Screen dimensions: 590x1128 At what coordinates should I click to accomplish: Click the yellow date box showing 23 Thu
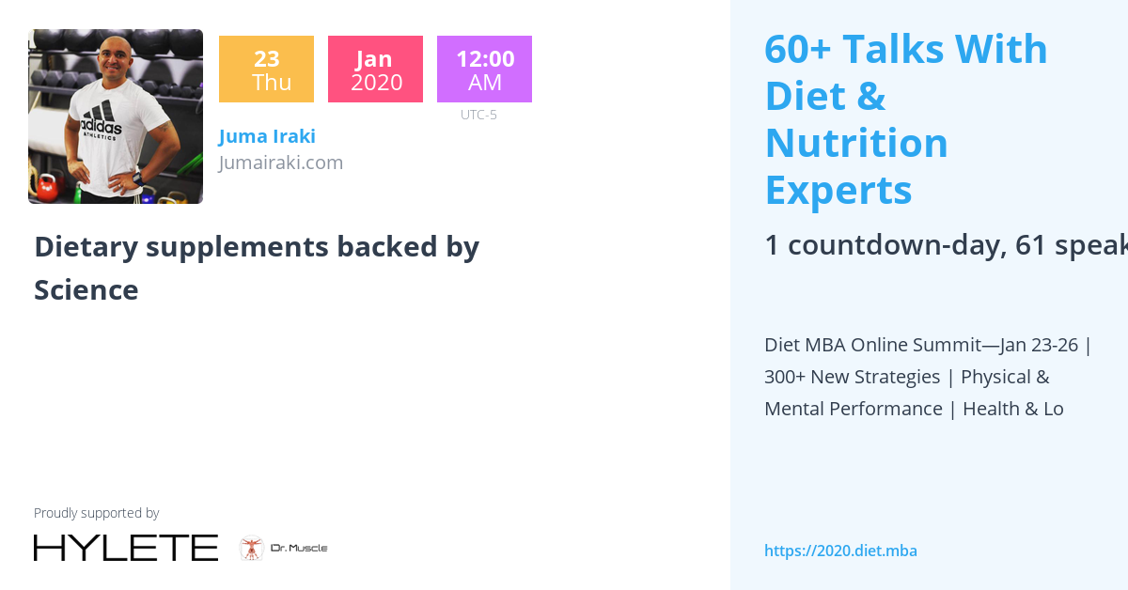(266, 70)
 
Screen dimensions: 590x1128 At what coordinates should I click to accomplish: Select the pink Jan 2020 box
(375, 70)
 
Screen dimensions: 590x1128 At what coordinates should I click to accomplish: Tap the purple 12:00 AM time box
(484, 70)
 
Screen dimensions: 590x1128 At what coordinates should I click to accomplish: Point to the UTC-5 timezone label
(478, 115)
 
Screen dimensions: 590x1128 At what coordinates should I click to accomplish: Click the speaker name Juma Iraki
(267, 136)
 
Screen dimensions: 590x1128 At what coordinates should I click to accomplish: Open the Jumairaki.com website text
(281, 163)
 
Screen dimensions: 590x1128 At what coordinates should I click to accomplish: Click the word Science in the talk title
(86, 290)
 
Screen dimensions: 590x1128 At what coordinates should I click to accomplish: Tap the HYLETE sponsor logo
(126, 548)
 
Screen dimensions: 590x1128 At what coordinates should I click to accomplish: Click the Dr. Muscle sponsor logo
(284, 548)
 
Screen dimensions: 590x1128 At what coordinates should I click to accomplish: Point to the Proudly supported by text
(96, 513)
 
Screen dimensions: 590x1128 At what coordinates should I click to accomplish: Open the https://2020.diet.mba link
(840, 551)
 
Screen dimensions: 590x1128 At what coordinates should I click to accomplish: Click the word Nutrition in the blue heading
(856, 143)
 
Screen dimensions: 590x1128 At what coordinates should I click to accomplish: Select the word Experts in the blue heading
(838, 190)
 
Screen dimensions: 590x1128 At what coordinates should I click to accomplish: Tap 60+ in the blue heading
(797, 49)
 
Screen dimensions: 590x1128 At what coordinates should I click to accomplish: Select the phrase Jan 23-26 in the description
(1039, 345)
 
